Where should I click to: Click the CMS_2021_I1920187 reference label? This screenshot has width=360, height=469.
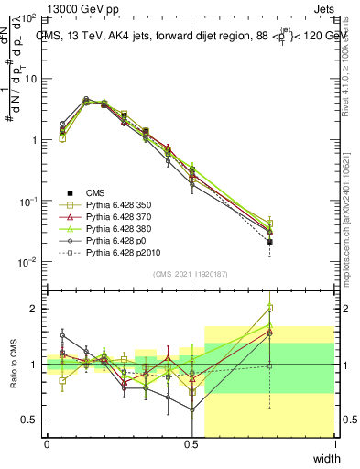[191, 275]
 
